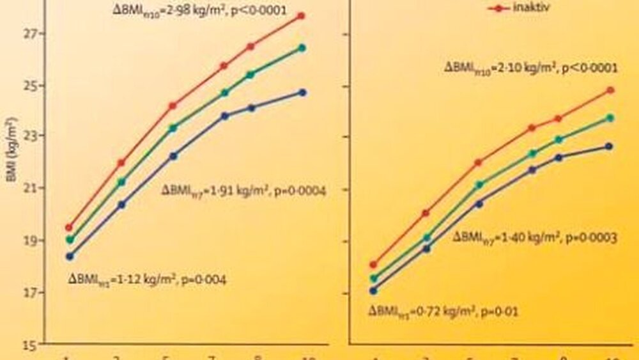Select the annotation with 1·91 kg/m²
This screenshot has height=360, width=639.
tap(243, 191)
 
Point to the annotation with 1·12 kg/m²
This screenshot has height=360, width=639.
tap(146, 279)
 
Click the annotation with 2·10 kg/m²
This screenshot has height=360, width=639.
tap(530, 68)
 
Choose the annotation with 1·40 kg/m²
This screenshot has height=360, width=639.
tap(534, 237)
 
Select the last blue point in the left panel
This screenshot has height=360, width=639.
tap(302, 92)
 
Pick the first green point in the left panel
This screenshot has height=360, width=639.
tap(69, 240)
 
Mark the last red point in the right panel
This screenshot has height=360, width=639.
tap(610, 90)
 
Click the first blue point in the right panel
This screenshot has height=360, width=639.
tap(373, 290)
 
